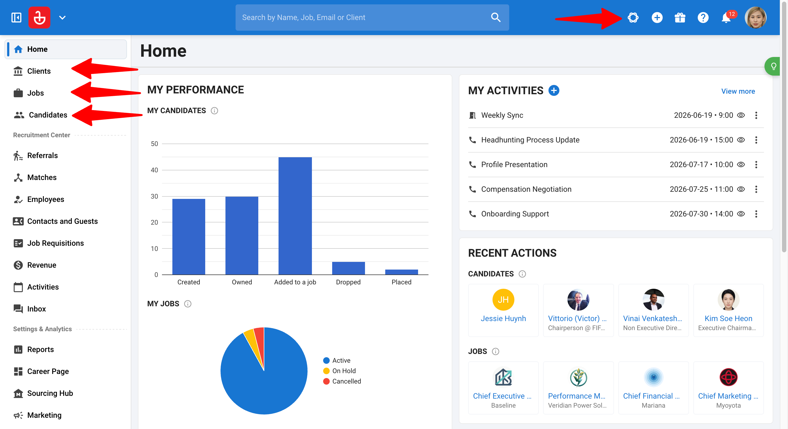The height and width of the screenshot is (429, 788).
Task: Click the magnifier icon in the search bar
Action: [x=496, y=18]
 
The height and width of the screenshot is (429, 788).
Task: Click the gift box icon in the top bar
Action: [x=680, y=18]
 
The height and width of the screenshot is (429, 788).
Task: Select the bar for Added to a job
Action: [x=295, y=216]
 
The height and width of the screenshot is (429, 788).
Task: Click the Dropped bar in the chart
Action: [x=348, y=268]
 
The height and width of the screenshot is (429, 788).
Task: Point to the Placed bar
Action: [x=401, y=272]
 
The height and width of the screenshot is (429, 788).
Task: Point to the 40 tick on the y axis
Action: [x=155, y=170]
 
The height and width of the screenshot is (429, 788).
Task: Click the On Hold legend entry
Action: [x=340, y=371]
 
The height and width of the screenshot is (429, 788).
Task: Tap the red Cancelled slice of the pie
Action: [x=260, y=343]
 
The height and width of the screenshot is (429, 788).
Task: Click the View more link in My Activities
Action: [x=738, y=91]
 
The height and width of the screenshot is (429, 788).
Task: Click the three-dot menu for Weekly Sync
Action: [x=756, y=115]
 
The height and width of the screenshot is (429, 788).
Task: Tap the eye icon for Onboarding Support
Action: [x=741, y=214]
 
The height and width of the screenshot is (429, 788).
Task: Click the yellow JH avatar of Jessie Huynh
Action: [x=503, y=299]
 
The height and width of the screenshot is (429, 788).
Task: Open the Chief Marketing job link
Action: [x=728, y=396]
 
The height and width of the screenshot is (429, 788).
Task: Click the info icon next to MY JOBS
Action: [x=187, y=304]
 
